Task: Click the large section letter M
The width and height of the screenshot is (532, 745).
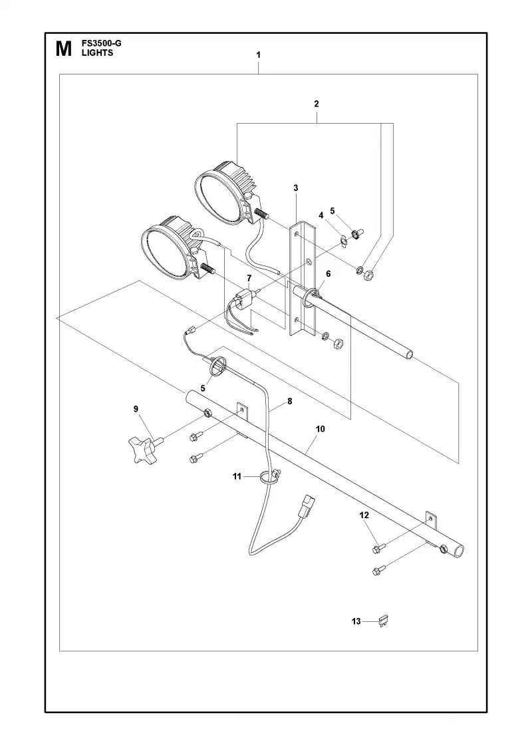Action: pos(64,49)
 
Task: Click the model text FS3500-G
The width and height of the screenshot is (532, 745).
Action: pos(101,44)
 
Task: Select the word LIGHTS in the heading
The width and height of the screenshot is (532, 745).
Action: pos(97,53)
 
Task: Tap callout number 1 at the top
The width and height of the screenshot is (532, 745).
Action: pos(259,55)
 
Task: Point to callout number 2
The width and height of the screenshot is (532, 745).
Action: pos(317,104)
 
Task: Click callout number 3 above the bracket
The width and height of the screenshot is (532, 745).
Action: pos(295,188)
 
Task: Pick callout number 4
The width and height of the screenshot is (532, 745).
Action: pos(321,216)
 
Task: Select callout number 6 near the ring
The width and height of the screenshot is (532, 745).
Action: pos(329,273)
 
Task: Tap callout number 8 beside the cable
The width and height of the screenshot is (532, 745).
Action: pos(290,401)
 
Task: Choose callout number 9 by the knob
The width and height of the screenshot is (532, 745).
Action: pos(136,408)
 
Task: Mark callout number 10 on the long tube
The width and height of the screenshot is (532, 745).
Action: pos(321,429)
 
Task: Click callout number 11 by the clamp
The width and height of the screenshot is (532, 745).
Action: pos(237,476)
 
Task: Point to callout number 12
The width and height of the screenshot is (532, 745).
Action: pos(364,515)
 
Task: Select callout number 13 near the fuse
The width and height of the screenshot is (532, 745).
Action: pos(356,621)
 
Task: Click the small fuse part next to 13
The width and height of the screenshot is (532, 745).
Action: pos(384,621)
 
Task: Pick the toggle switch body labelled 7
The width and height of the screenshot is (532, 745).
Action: pos(245,299)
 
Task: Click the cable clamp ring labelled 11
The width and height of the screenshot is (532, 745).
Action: pos(269,478)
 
